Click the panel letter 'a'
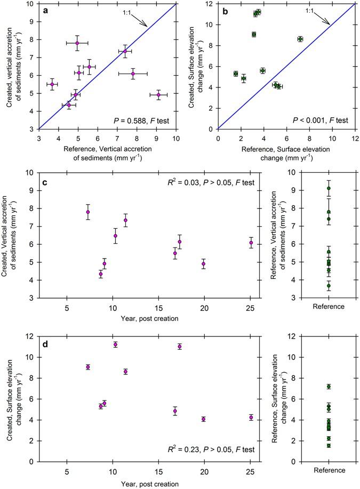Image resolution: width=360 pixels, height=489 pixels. [45, 10]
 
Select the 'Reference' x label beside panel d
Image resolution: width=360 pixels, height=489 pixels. [329, 470]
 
